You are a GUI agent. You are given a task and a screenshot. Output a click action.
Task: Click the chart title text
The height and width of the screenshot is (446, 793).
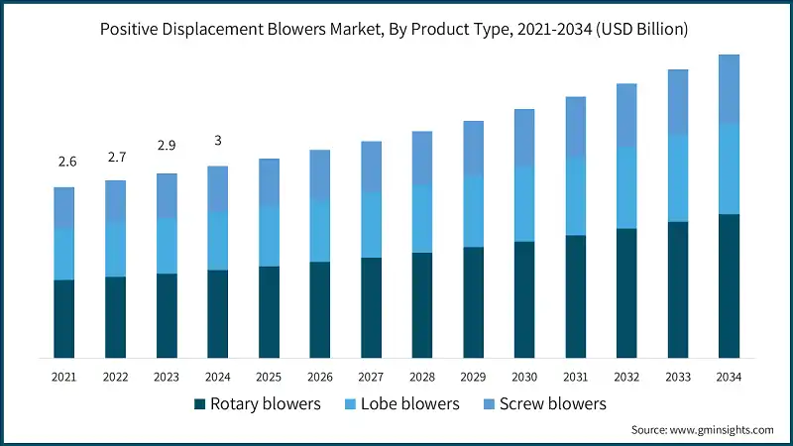(396, 29)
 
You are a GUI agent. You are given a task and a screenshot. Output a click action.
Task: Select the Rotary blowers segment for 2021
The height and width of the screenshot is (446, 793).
(64, 318)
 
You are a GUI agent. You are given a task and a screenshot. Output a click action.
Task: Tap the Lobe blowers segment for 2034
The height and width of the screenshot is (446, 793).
(729, 168)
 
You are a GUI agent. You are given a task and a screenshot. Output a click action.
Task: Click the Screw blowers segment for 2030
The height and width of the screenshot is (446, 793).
(524, 138)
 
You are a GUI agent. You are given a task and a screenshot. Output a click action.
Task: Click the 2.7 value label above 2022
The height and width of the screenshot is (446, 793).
(116, 157)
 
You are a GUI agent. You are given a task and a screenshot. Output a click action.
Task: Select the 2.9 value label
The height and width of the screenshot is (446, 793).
(167, 146)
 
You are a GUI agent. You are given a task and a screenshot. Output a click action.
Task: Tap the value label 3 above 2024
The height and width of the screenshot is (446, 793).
(218, 141)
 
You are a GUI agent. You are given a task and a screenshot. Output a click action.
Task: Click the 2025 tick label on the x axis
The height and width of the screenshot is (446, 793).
(269, 377)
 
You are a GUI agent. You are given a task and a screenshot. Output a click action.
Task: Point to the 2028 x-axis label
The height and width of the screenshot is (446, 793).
(422, 377)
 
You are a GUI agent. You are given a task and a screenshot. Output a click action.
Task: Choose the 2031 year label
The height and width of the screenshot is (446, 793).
(575, 377)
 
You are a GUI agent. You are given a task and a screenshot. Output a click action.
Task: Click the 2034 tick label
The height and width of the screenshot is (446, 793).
(729, 377)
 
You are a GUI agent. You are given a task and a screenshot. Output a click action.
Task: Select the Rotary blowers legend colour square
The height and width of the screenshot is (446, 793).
(199, 404)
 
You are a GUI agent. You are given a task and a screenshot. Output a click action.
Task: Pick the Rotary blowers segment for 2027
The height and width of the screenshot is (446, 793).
(371, 307)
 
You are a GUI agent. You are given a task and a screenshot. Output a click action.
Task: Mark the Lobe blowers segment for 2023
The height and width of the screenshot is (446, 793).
(167, 246)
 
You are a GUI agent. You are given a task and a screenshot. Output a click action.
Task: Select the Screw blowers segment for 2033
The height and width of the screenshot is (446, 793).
(678, 102)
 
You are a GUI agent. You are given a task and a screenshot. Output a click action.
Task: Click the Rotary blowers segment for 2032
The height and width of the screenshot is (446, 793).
(626, 292)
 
